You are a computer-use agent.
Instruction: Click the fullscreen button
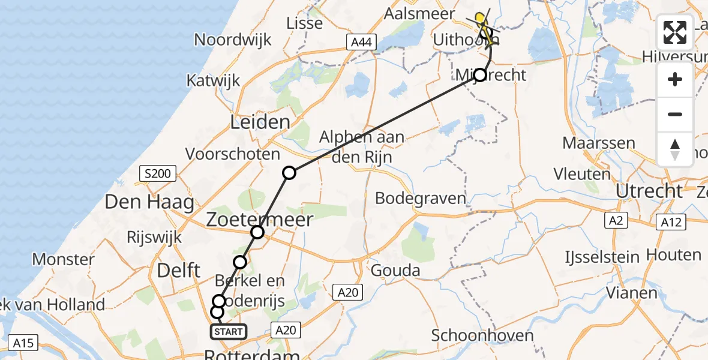click(x=675, y=32)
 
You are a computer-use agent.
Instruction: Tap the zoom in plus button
click(x=675, y=79)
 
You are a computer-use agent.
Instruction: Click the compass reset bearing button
click(x=675, y=149)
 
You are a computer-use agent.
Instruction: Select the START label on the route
click(x=229, y=332)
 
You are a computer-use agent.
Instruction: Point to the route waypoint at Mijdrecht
click(x=480, y=75)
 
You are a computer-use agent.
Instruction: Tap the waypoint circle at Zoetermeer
click(x=257, y=232)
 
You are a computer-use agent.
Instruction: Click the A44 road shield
click(x=361, y=42)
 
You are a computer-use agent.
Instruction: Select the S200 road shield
click(x=157, y=175)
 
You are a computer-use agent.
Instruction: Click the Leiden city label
click(x=260, y=122)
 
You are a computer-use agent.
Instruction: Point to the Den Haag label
click(x=149, y=202)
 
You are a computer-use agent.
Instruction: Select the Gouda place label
click(x=395, y=271)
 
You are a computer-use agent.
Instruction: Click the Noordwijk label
click(x=233, y=40)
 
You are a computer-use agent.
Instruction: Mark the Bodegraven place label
click(x=420, y=198)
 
